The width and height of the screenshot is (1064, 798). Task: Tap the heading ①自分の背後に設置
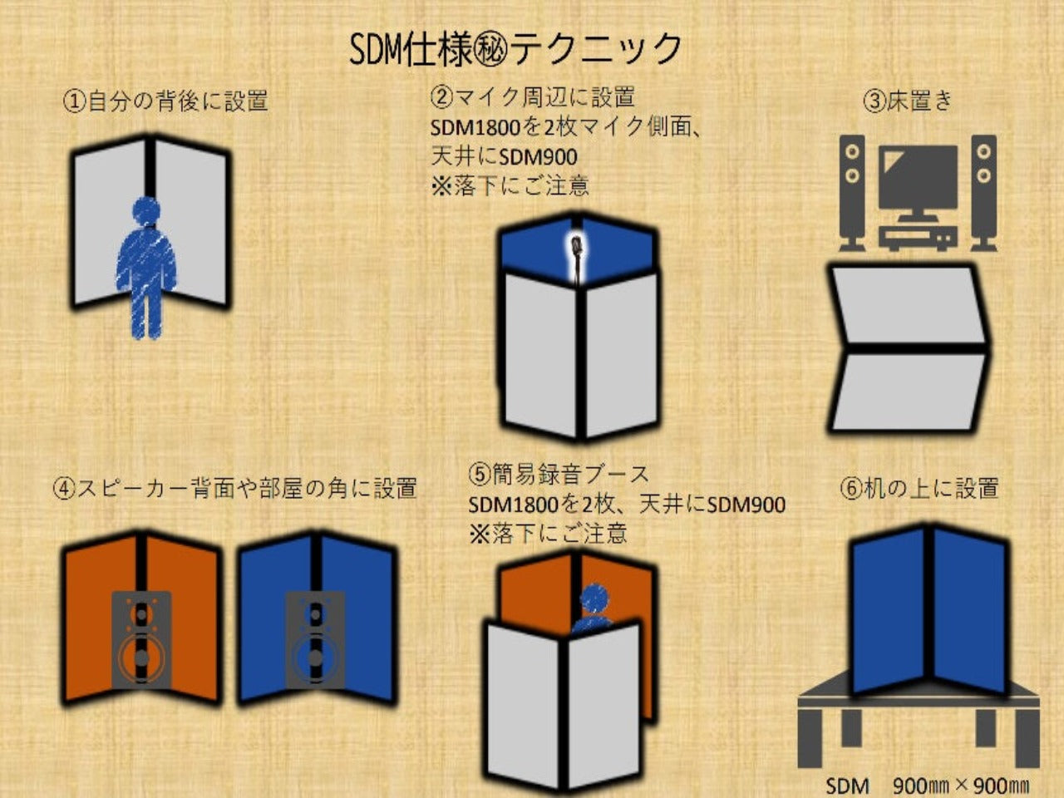(166, 101)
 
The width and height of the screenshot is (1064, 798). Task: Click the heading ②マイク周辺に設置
(533, 97)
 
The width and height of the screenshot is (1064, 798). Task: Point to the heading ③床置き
(908, 101)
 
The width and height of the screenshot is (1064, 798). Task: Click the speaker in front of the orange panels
(141, 640)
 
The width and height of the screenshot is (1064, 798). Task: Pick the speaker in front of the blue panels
(315, 640)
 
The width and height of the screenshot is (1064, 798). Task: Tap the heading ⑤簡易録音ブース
(559, 475)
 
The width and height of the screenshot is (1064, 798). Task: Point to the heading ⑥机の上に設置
(919, 488)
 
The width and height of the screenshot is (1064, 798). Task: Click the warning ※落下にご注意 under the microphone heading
(510, 185)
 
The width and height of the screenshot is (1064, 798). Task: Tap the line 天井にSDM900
(504, 155)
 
